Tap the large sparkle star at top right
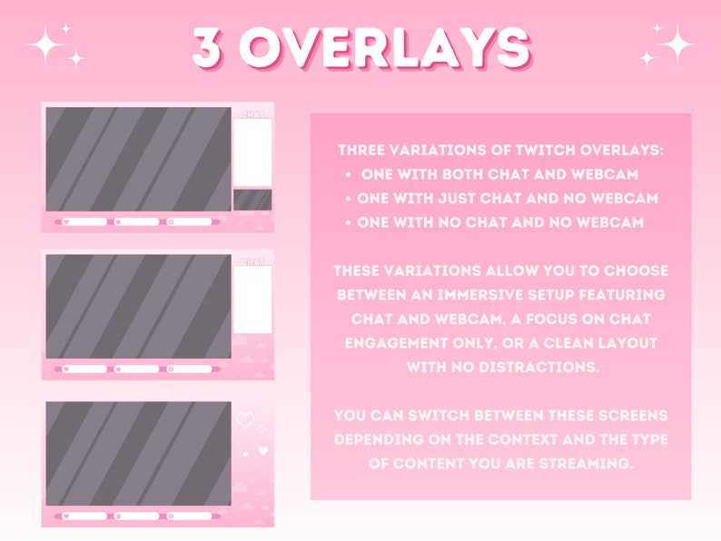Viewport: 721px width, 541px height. [x=677, y=42]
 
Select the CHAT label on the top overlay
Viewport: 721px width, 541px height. [x=252, y=114]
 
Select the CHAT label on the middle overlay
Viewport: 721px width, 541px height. [x=252, y=261]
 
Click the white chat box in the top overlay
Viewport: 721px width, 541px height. [x=252, y=152]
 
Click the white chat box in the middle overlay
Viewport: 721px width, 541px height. [x=252, y=299]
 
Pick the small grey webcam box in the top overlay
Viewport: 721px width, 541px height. [x=252, y=200]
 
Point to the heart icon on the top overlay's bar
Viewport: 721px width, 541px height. [x=65, y=221]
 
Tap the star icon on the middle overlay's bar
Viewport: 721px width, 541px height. [x=118, y=369]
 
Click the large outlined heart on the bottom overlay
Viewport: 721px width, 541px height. [x=244, y=421]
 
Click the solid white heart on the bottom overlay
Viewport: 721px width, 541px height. [x=262, y=449]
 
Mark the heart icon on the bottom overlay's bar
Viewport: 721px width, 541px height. [x=65, y=516]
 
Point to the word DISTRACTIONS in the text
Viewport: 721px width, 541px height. [x=547, y=367]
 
